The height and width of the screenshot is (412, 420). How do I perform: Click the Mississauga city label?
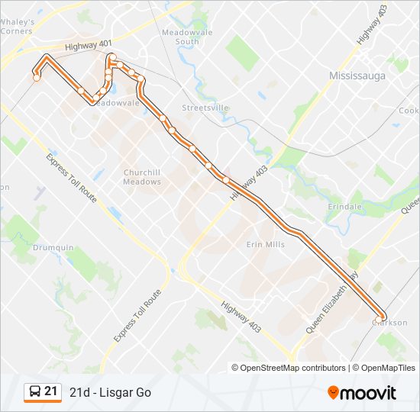[359, 76]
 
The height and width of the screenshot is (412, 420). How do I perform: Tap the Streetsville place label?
[205, 108]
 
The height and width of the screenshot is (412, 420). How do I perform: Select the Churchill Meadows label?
[142, 177]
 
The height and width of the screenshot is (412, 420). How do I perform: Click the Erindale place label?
[344, 207]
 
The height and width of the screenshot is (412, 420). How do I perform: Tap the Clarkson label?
[390, 323]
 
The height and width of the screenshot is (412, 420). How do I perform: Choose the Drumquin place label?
[53, 248]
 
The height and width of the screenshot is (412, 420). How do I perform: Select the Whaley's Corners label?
[17, 27]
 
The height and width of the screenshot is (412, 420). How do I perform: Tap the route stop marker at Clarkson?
[381, 317]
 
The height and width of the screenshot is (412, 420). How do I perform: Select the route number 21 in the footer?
[51, 392]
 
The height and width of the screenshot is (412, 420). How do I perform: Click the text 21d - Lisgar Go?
[110, 392]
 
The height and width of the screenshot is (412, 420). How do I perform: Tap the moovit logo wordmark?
[369, 394]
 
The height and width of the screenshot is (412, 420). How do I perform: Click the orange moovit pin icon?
[334, 393]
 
